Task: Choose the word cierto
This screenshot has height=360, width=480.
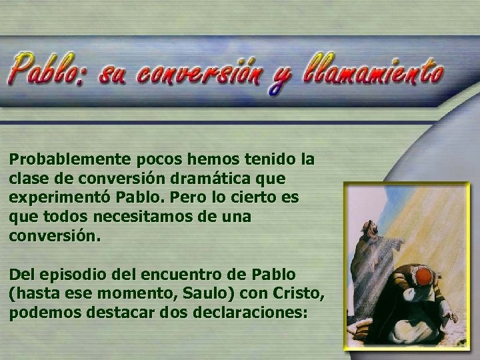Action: click(253, 199)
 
